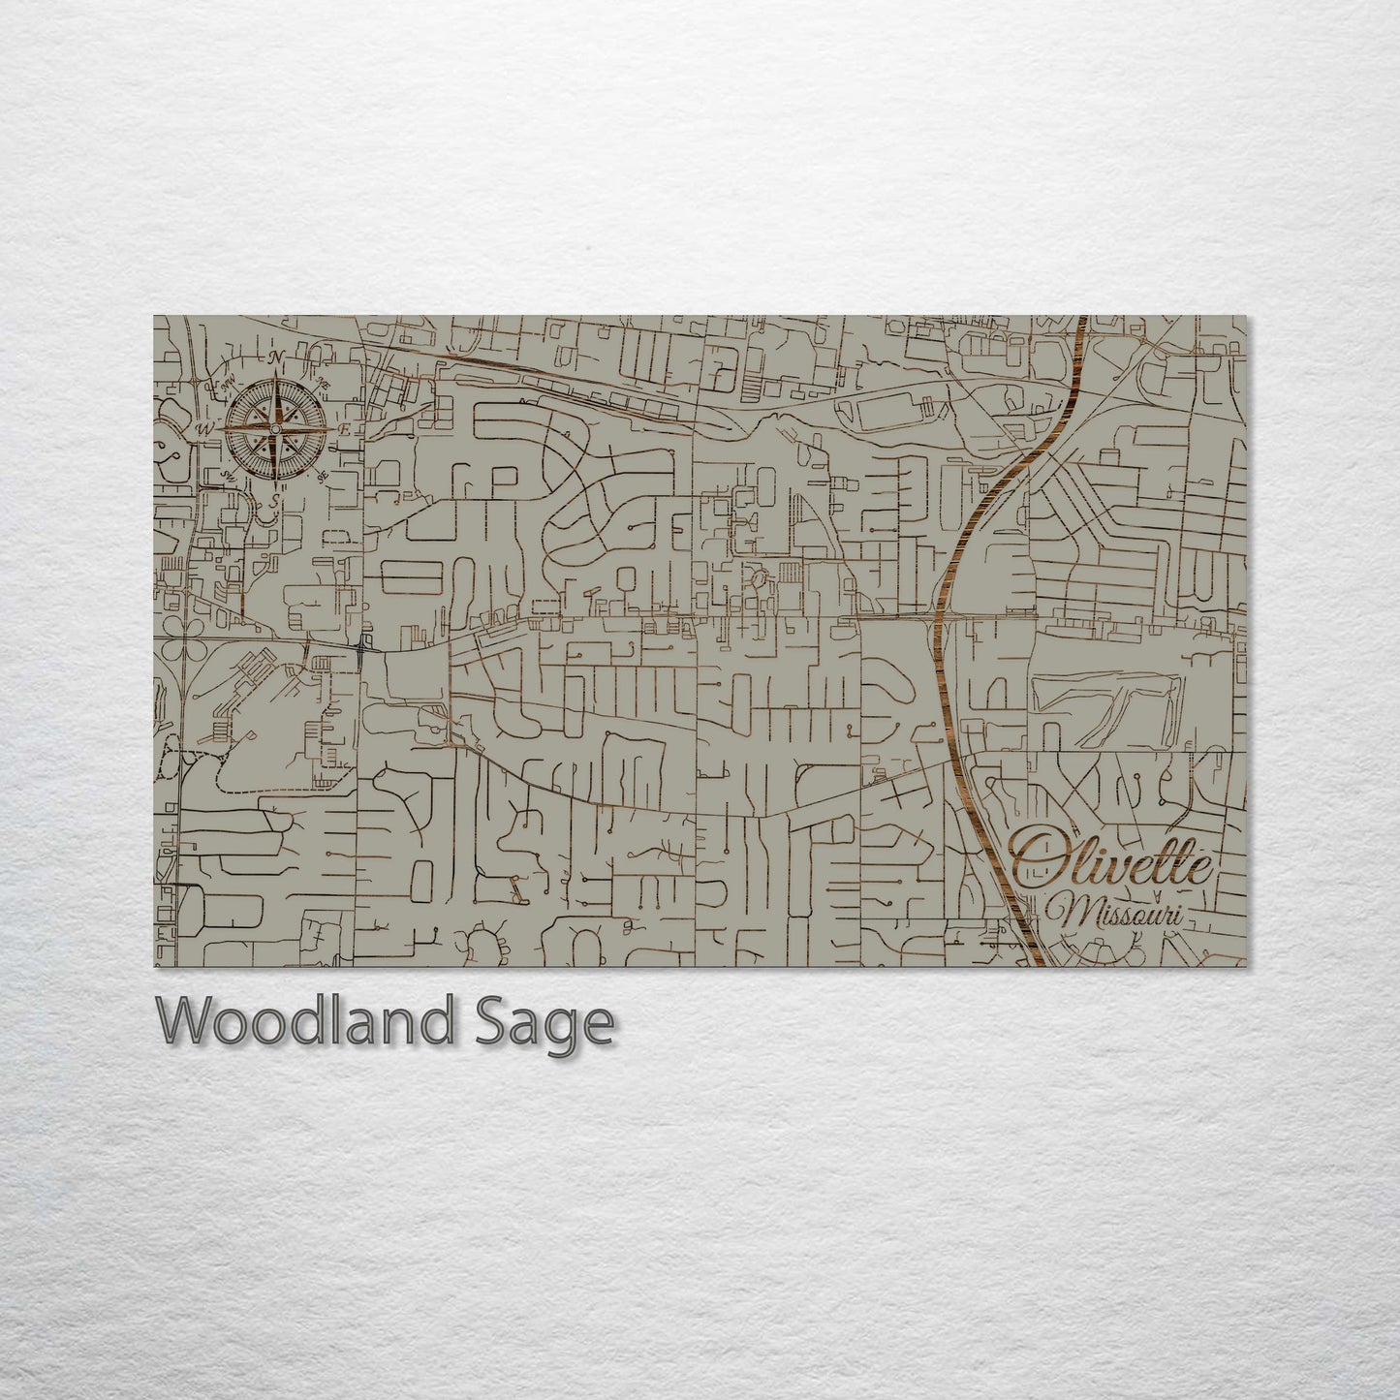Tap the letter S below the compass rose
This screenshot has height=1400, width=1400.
coord(275,500)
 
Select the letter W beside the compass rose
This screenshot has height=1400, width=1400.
coord(204,428)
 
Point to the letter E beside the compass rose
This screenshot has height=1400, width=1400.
coord(346,428)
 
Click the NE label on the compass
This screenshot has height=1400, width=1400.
coord(324,387)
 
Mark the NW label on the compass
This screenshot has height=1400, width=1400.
coord(231,387)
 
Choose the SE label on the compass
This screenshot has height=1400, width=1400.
coord(322,475)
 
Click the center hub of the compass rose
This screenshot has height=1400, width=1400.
coord(276,428)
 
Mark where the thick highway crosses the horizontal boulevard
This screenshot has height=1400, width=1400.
coord(938,617)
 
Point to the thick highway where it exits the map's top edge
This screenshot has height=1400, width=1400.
coord(1081,320)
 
